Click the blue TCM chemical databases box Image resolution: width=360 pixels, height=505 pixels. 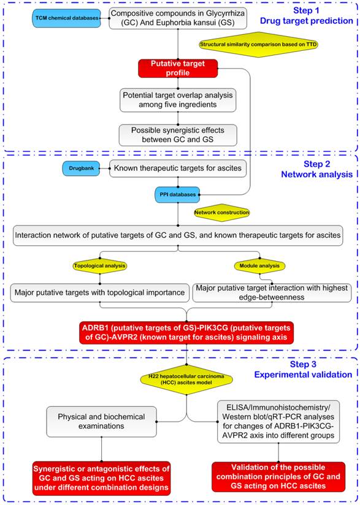65,18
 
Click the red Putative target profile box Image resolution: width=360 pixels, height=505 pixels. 178,69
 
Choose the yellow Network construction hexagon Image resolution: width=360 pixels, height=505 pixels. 221,212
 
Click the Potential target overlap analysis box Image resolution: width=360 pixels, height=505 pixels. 178,100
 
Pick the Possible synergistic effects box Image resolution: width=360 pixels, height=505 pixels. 178,134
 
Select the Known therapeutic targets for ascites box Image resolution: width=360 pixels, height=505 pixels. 178,167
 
